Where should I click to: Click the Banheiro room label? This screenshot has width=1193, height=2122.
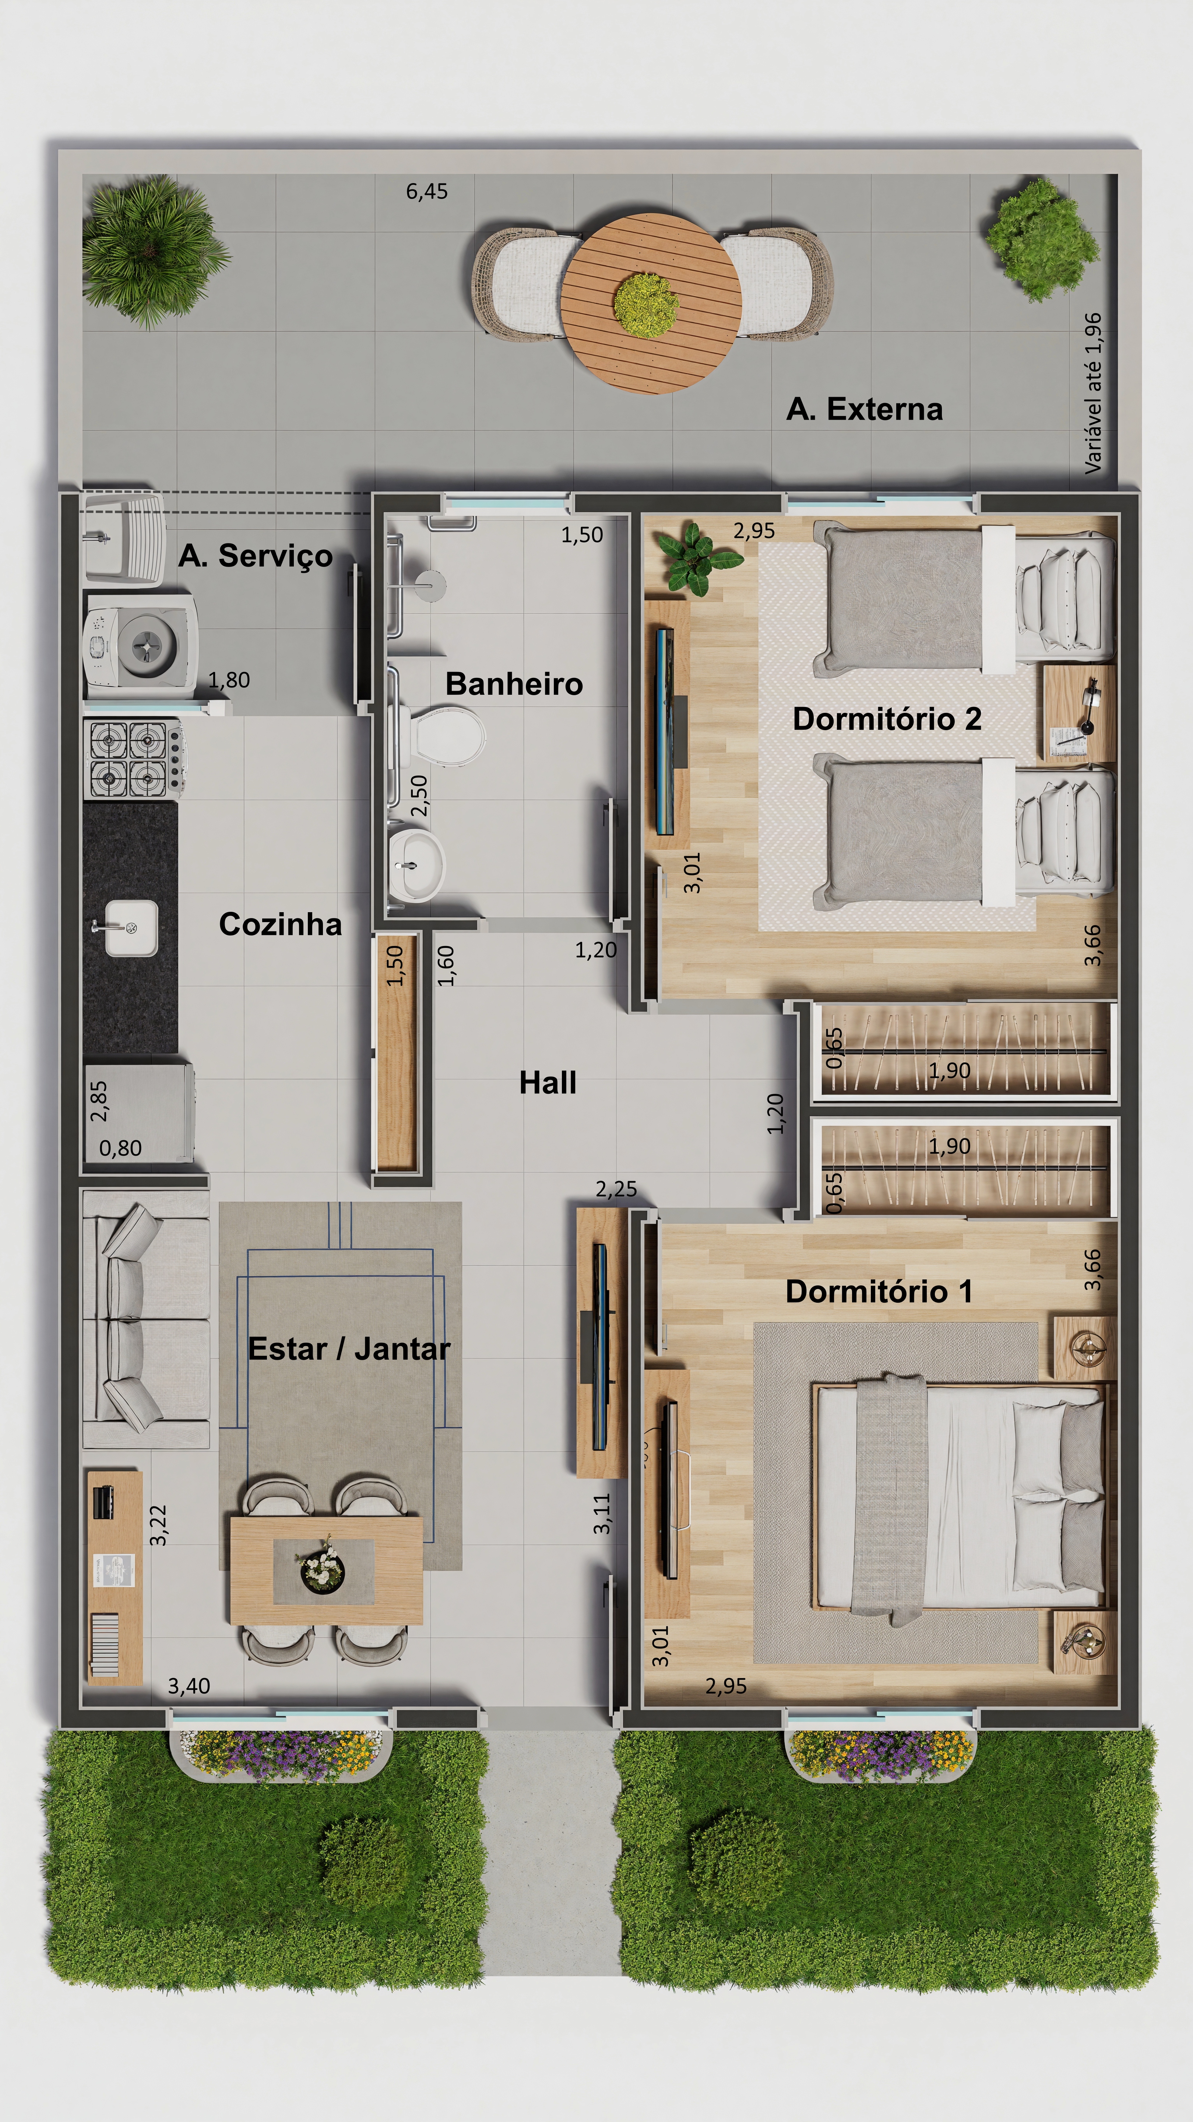coord(514,684)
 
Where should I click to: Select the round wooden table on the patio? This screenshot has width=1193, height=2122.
coord(650,303)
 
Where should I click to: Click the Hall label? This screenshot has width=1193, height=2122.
coord(548,1082)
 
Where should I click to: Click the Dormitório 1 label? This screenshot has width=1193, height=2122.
coord(879,1292)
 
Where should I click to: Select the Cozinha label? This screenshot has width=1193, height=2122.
coord(280,924)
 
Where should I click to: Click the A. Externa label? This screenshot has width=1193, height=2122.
coord(865,409)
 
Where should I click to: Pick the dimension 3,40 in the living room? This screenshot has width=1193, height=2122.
coord(189,1686)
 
